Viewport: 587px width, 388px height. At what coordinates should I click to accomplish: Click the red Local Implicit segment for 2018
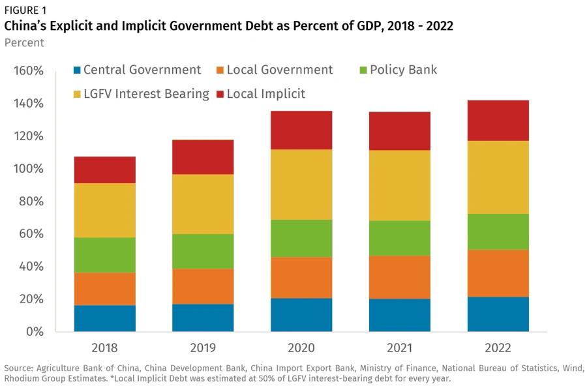point(105,170)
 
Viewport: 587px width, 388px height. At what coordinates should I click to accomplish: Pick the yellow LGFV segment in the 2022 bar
point(498,177)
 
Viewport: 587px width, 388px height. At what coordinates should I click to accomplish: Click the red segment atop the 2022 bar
point(498,121)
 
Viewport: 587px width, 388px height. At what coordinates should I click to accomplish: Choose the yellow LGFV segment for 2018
point(105,211)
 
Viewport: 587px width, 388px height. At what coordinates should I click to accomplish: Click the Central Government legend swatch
point(77,70)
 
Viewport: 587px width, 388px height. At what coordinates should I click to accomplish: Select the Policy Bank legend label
point(403,70)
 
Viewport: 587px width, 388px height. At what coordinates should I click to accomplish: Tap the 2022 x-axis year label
point(498,348)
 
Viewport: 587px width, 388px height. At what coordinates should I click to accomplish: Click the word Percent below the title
point(24,43)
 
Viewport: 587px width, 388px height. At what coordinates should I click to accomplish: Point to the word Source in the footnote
point(19,367)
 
